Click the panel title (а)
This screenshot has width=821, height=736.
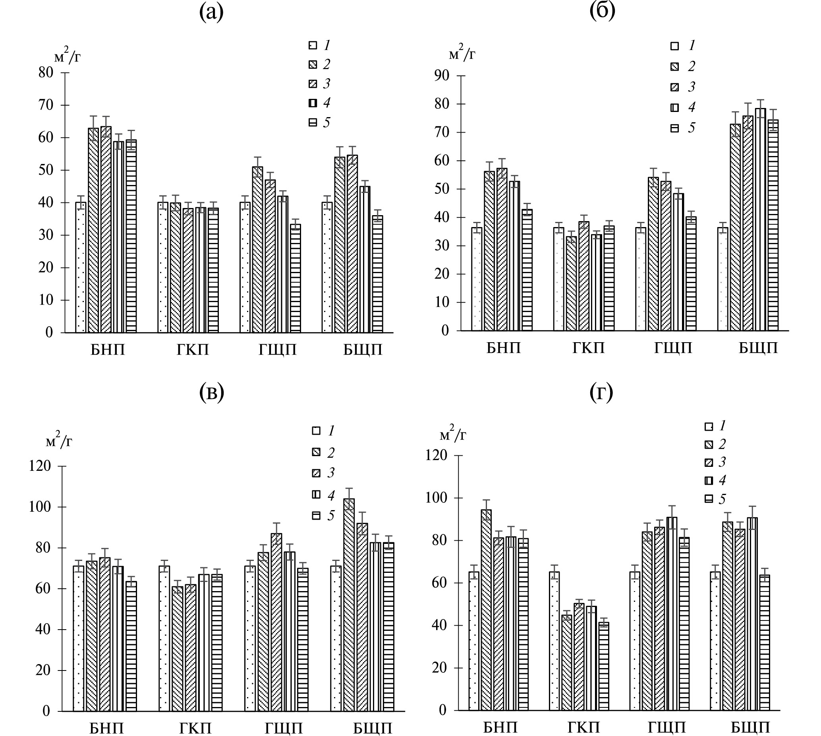211,12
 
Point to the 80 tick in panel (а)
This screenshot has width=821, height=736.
46,72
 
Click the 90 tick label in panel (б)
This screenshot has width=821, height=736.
441,75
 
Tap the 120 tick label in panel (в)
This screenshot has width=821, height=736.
40,466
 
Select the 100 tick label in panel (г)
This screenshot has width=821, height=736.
436,498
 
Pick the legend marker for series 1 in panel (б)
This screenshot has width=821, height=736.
674,46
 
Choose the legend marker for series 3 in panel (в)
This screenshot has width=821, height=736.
316,473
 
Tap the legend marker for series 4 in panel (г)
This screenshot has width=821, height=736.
709,480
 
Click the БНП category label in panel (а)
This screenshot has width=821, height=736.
108,350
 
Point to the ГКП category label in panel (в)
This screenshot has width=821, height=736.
195,728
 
